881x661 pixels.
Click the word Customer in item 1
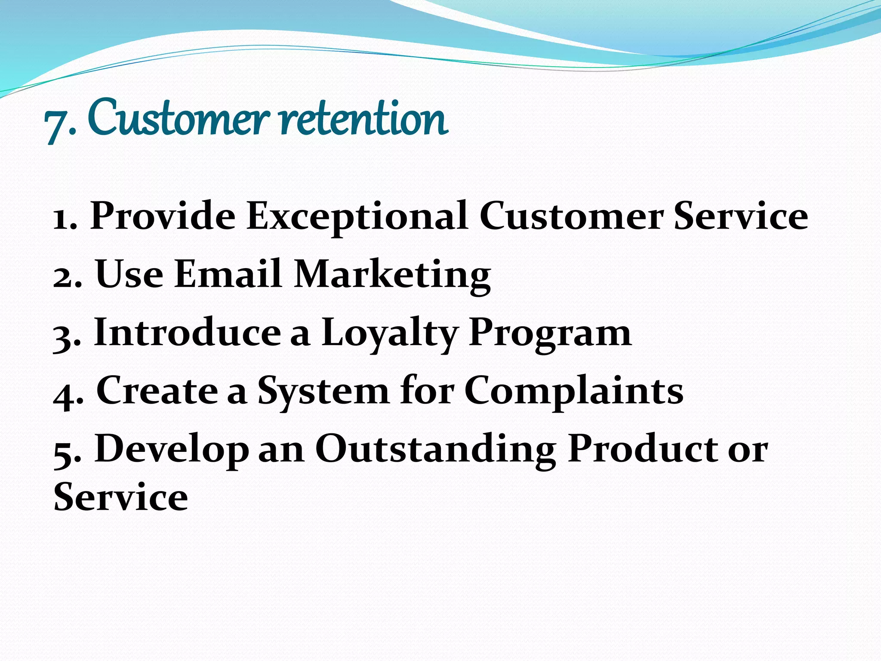click(x=571, y=216)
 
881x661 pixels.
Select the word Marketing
click(x=392, y=275)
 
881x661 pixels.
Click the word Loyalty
click(x=390, y=333)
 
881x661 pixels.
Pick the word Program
click(x=550, y=333)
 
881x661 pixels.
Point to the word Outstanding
click(x=435, y=449)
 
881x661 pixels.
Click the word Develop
click(x=171, y=450)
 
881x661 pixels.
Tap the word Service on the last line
click(x=121, y=497)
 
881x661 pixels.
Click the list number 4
click(x=65, y=394)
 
